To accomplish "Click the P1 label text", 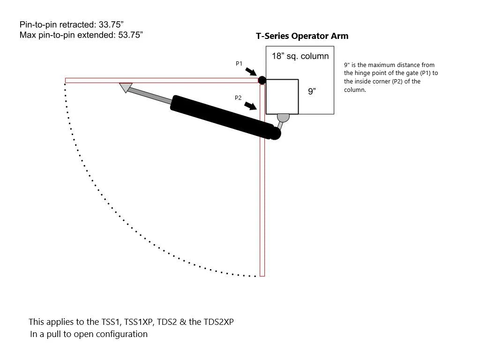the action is click(x=239, y=63).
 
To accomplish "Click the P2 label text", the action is click(x=238, y=97).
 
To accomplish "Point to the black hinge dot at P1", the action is click(x=262, y=80).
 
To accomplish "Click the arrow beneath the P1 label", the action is click(x=251, y=72).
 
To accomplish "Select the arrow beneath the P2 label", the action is click(x=251, y=106).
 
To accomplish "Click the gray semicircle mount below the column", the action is click(x=283, y=118).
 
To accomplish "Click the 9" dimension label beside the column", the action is click(x=312, y=91).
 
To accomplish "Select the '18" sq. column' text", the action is click(x=300, y=56).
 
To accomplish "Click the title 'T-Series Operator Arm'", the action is click(x=302, y=36).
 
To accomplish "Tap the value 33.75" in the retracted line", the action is click(x=111, y=24).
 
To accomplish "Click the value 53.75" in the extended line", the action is click(x=131, y=35).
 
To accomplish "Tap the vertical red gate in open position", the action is click(x=262, y=180).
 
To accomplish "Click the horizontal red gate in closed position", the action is click(x=162, y=81).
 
